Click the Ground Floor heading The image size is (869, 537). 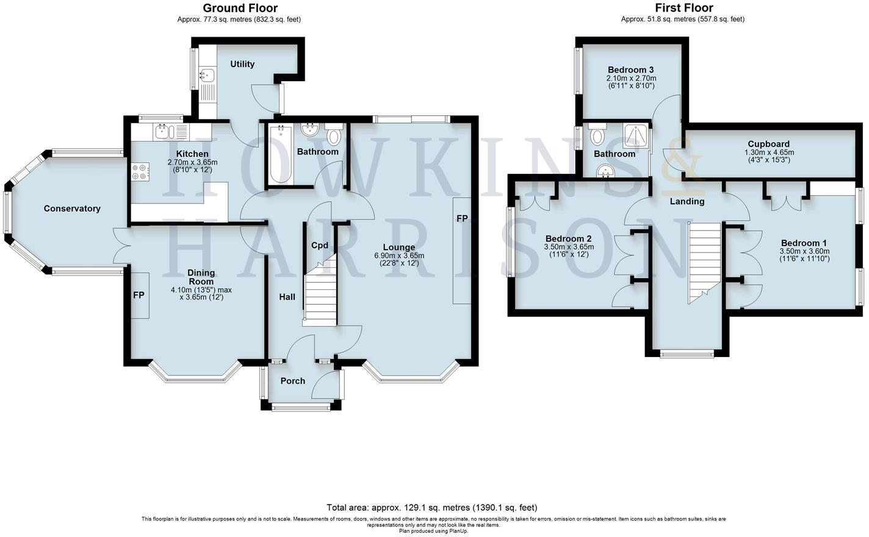click(240, 8)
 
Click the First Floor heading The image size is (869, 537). click(683, 8)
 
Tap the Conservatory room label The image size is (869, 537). click(72, 209)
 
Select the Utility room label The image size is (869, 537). click(242, 64)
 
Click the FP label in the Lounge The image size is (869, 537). click(462, 218)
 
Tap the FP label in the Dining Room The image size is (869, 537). click(139, 295)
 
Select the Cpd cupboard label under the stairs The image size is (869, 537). click(320, 245)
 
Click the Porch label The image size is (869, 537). click(292, 381)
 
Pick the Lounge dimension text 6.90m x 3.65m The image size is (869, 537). click(399, 256)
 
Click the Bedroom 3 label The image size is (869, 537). click(631, 69)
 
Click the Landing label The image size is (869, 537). click(687, 201)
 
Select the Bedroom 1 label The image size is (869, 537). click(804, 243)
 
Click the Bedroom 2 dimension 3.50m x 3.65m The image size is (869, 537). click(569, 247)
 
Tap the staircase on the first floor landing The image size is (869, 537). click(704, 262)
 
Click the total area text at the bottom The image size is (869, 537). click(432, 507)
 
